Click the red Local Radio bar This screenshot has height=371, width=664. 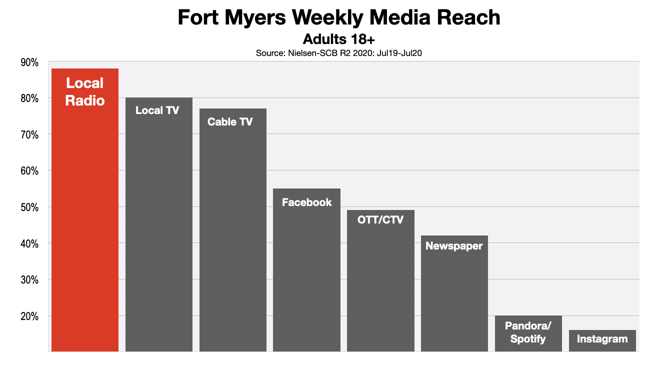(x=85, y=210)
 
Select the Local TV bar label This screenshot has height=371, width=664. (x=157, y=110)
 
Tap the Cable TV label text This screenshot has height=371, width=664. (x=230, y=121)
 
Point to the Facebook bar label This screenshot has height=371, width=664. (x=306, y=202)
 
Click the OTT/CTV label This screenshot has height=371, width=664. (x=380, y=219)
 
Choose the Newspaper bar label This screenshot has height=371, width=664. (x=454, y=245)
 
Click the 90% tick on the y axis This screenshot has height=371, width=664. (x=29, y=62)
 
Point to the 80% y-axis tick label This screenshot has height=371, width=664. (x=29, y=98)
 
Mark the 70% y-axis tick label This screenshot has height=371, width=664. (x=29, y=134)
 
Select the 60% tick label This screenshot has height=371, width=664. (x=29, y=171)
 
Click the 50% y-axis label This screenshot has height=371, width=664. (x=29, y=207)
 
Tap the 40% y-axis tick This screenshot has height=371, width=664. (x=29, y=243)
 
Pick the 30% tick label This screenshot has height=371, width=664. (x=29, y=280)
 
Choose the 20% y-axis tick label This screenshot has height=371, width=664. (x=29, y=316)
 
